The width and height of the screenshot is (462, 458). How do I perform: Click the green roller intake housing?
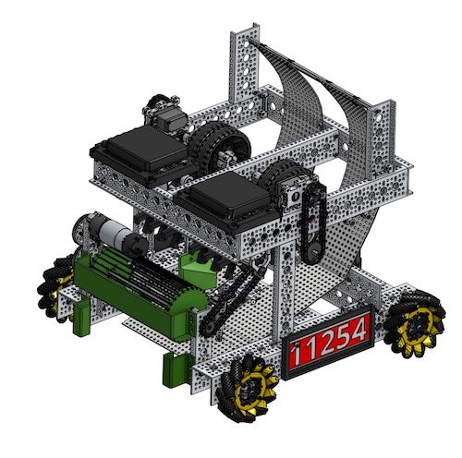pyautogui.click(x=148, y=291)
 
